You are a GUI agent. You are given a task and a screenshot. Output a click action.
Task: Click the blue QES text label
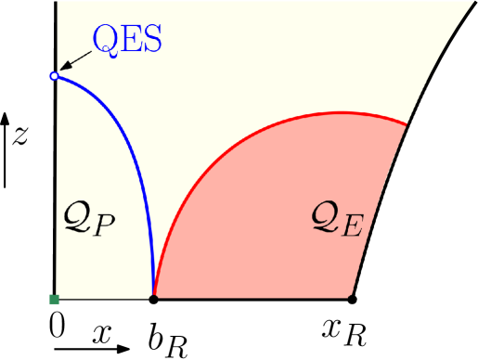[x=129, y=40]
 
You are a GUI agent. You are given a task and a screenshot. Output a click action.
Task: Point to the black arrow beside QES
[x=74, y=61]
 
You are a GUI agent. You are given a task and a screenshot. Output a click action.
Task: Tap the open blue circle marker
[x=54, y=76]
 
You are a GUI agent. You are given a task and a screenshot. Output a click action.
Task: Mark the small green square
[x=54, y=299]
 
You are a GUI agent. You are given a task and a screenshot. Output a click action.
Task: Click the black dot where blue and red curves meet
[x=153, y=298]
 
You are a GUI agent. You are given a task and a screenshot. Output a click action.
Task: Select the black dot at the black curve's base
[x=352, y=298]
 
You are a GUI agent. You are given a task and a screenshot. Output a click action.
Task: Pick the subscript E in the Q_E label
[x=353, y=228]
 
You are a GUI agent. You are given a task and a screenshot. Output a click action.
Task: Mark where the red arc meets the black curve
[x=407, y=124]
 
